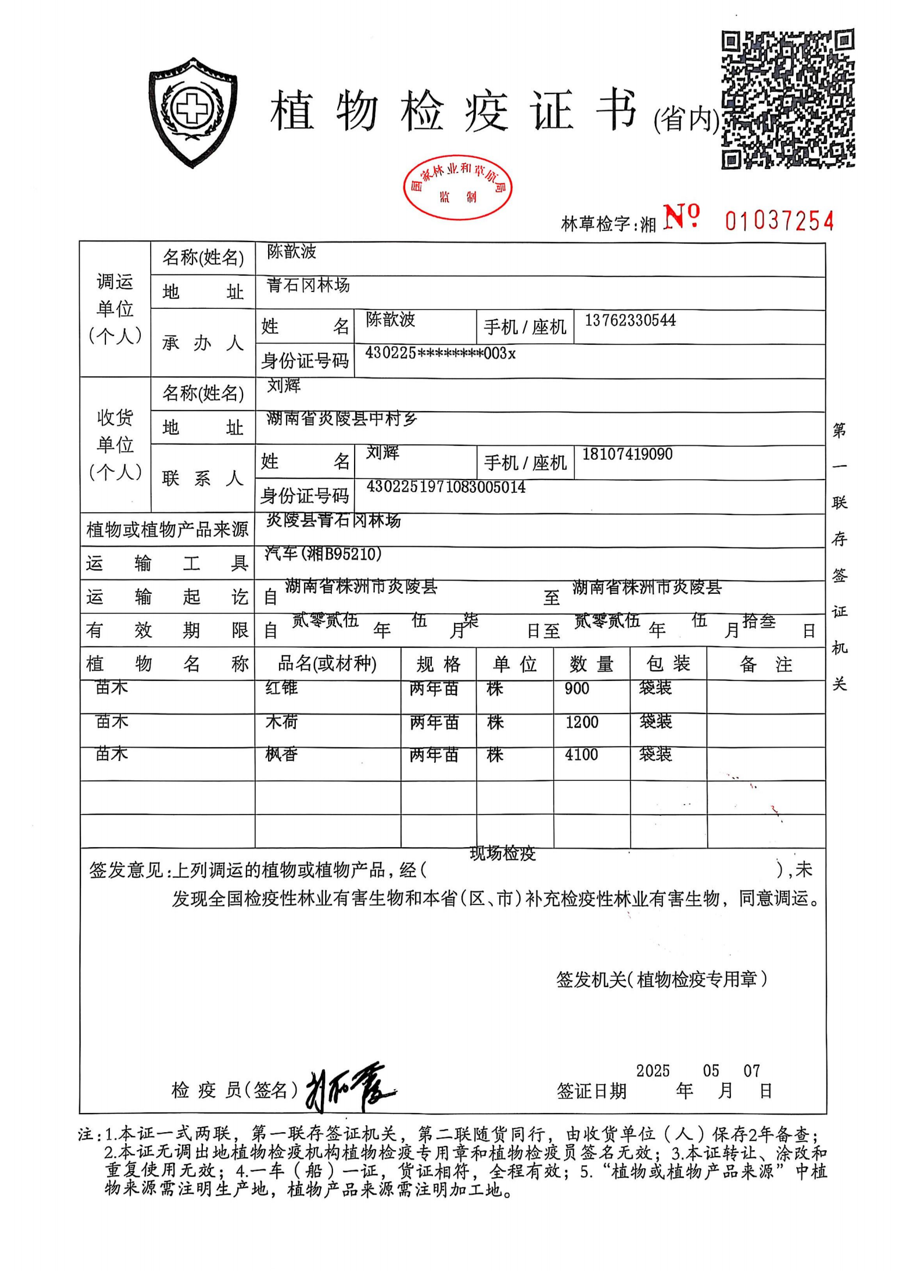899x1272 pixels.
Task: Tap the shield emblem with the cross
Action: pyautogui.click(x=192, y=112)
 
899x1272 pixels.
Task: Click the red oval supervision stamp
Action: pyautogui.click(x=457, y=187)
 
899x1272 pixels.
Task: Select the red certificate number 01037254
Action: pyautogui.click(x=779, y=220)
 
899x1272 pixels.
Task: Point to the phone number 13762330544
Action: pyautogui.click(x=630, y=320)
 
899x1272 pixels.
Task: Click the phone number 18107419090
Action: pyautogui.click(x=627, y=454)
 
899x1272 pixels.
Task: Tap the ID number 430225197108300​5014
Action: pyautogui.click(x=446, y=487)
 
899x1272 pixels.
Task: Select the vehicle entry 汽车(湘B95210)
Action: pyautogui.click(x=323, y=553)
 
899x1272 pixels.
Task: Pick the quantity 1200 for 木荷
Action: pyautogui.click(x=581, y=722)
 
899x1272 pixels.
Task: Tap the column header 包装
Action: pyautogui.click(x=668, y=663)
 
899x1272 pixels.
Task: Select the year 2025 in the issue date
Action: pyautogui.click(x=653, y=1070)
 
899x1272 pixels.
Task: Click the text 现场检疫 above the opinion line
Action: pyautogui.click(x=503, y=854)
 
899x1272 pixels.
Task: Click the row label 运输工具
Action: pyautogui.click(x=167, y=563)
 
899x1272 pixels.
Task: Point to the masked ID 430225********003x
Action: pyautogui.click(x=441, y=353)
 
